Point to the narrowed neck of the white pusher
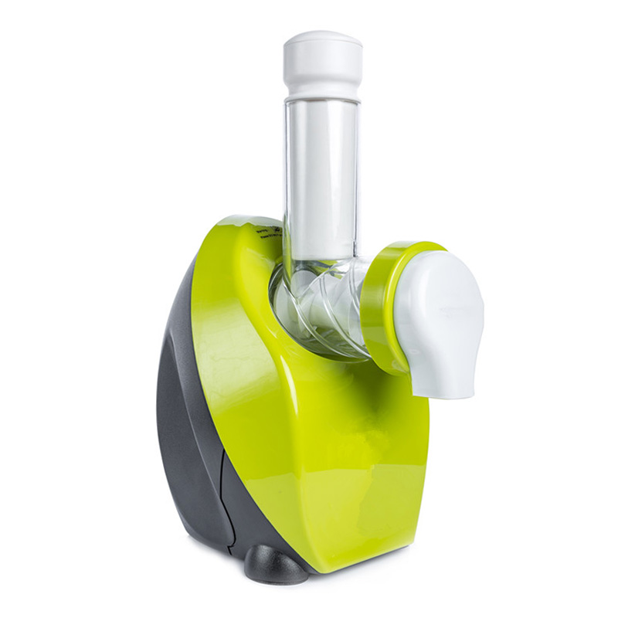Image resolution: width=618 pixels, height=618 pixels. [322, 91]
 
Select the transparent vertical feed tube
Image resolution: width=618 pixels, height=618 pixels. [320, 178]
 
